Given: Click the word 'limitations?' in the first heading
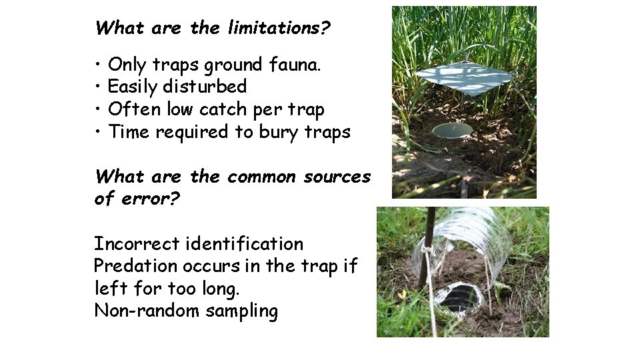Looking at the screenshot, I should (x=280, y=29).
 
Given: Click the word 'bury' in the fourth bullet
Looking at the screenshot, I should (x=277, y=132).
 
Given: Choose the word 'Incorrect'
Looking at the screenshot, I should (x=137, y=244).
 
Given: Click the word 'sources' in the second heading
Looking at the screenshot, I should (x=337, y=177).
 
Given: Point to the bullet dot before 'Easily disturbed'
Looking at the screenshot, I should (x=98, y=87).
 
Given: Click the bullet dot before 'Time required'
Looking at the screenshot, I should (x=98, y=132).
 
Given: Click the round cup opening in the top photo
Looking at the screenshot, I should (x=452, y=129).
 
